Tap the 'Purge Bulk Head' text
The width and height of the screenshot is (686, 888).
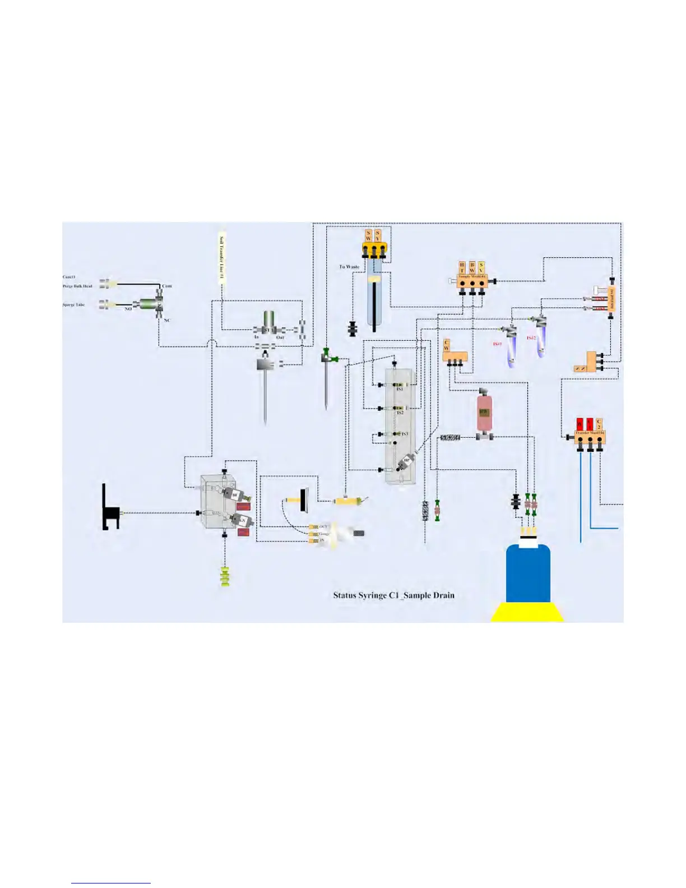pos(77,286)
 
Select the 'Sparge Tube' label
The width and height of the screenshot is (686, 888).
pos(73,304)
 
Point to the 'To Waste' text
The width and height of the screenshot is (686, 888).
pos(349,267)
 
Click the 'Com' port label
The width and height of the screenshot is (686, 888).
pos(166,286)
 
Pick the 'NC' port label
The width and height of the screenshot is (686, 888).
pos(166,320)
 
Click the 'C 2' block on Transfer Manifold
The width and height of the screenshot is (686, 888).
pos(599,424)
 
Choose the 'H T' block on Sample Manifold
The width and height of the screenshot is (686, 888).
pos(462,267)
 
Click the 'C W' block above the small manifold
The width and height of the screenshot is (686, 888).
pos(447,345)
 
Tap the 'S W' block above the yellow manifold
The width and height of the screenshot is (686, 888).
pos(368,235)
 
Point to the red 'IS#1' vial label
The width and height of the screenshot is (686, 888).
pos(497,344)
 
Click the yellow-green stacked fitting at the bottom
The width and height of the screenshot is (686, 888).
pos(225,576)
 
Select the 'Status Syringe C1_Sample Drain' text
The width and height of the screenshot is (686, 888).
pos(393,595)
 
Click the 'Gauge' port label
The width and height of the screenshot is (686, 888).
pos(324,534)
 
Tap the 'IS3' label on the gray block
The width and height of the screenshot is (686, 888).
pos(405,434)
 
